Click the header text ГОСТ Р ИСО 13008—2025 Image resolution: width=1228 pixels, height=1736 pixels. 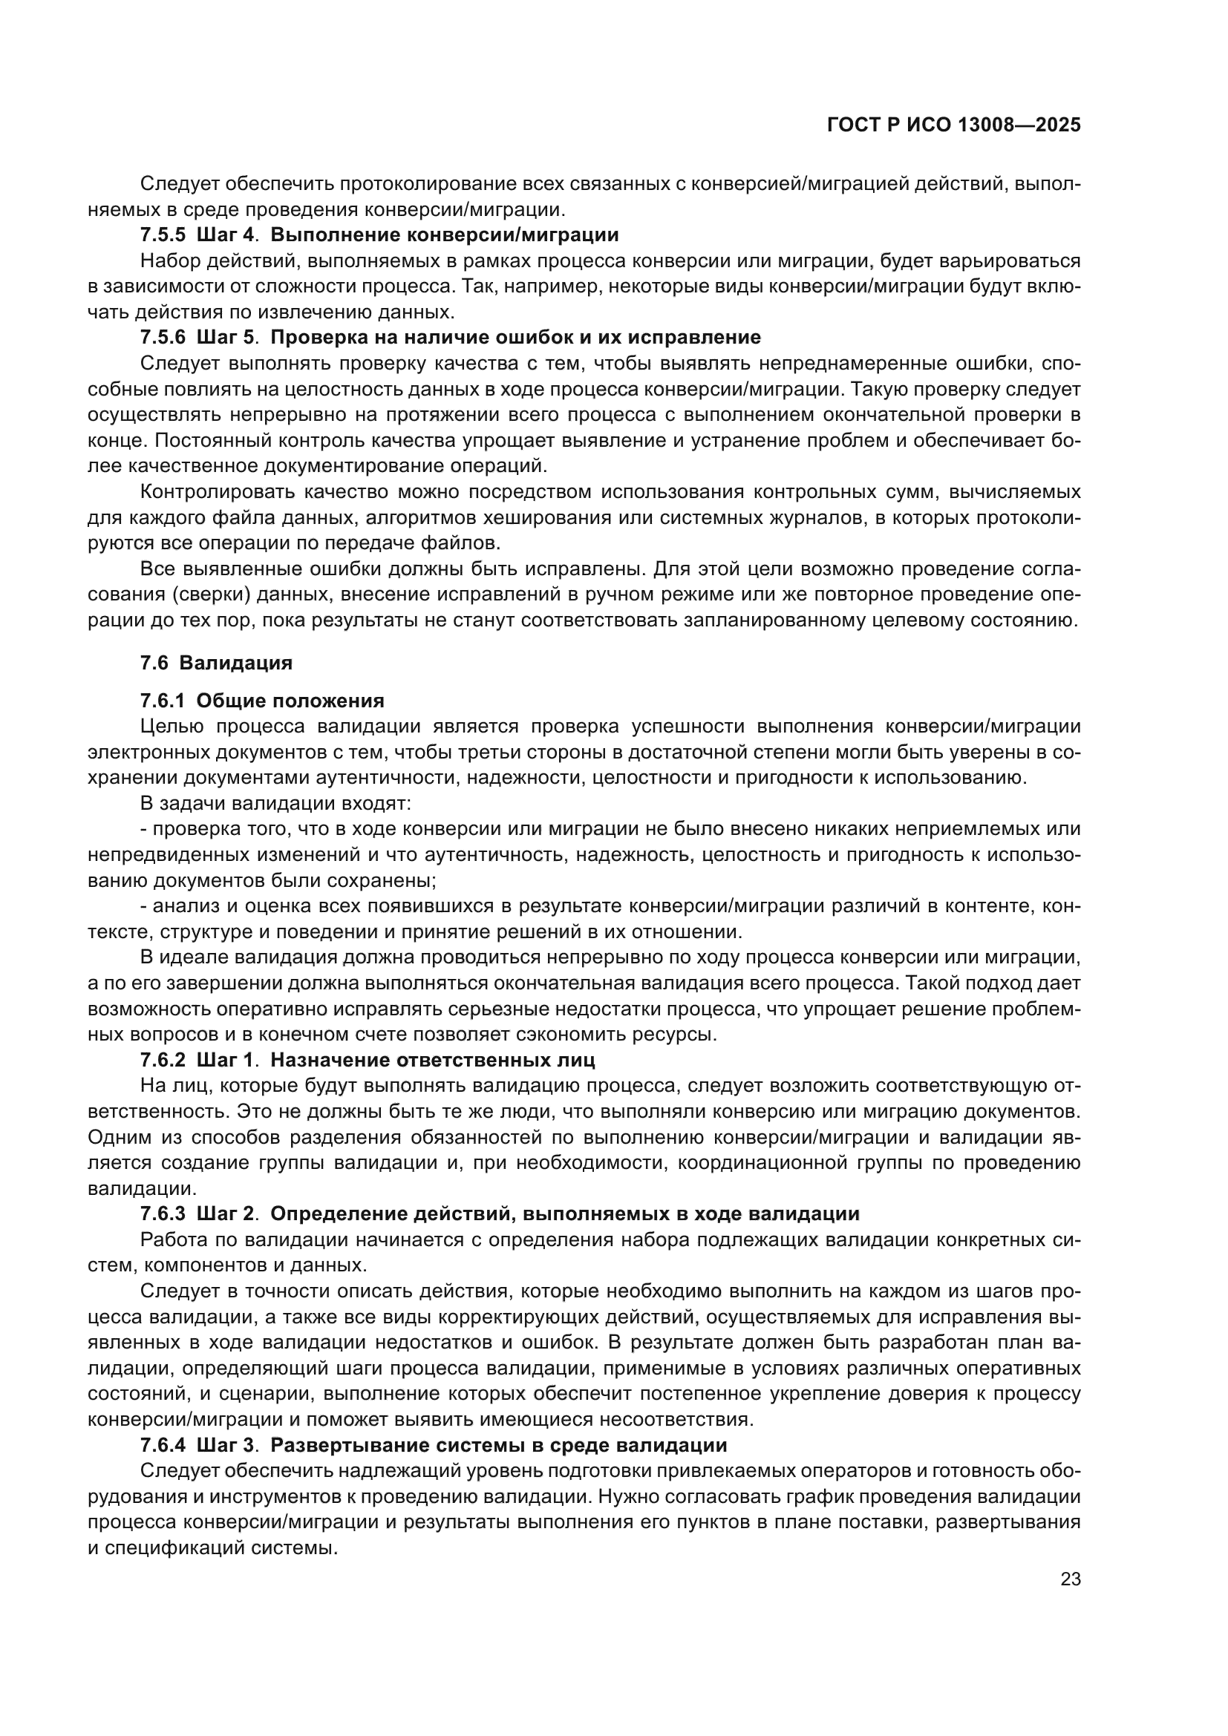tap(953, 125)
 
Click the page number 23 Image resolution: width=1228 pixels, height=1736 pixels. tap(1070, 1579)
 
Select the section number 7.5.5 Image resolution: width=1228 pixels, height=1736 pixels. tap(163, 235)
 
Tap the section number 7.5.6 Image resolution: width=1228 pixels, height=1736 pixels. tap(163, 337)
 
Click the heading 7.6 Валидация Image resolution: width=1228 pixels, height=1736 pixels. tap(216, 663)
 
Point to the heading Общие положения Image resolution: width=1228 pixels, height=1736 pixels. tap(290, 700)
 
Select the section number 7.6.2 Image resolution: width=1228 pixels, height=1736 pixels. tap(163, 1060)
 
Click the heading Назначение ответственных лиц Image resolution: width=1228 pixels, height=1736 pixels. tap(433, 1060)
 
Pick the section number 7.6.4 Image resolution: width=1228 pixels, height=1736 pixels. tap(163, 1445)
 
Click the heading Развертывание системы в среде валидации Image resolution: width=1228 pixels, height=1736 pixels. tap(498, 1445)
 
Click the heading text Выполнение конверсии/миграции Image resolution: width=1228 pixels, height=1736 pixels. tap(444, 235)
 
